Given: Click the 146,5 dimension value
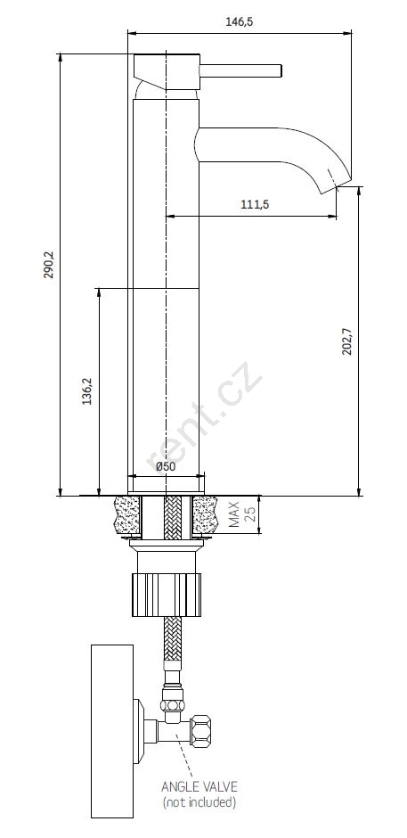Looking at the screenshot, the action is (x=240, y=21).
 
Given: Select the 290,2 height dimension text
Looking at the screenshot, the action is (x=48, y=266).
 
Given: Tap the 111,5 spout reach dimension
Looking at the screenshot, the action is (x=254, y=204).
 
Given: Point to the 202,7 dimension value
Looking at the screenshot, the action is (x=347, y=341).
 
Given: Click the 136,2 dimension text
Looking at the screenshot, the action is (x=87, y=391).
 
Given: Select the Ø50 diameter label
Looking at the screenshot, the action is (x=166, y=466).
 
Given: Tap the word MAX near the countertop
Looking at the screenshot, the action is (x=234, y=514).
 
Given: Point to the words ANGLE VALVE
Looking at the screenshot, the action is (x=199, y=786).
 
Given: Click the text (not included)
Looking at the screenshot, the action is (x=199, y=801).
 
